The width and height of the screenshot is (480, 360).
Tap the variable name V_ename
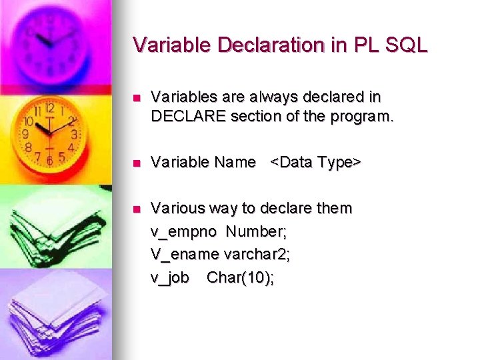point(185,254)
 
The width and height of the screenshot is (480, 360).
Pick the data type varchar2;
point(257,254)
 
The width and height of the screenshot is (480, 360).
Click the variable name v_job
point(170,277)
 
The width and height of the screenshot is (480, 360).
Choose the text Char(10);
point(240,277)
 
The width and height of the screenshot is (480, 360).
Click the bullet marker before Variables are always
point(137,97)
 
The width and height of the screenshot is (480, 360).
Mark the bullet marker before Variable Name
point(137,163)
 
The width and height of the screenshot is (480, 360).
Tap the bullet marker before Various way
point(137,209)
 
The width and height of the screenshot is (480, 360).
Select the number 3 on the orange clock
point(74,134)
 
